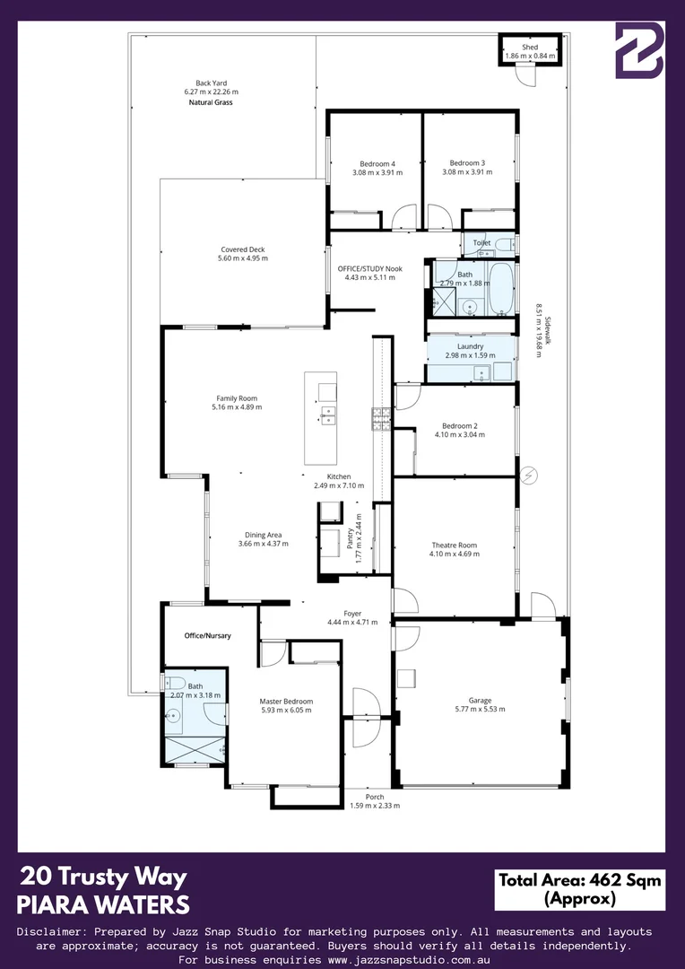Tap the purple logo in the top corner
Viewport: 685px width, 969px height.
pyautogui.click(x=638, y=50)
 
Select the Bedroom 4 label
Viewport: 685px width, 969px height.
pyautogui.click(x=377, y=163)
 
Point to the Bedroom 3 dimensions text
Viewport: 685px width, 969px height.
pyautogui.click(x=467, y=172)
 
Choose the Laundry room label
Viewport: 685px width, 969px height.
pyautogui.click(x=470, y=346)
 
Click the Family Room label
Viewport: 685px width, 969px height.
pyautogui.click(x=237, y=398)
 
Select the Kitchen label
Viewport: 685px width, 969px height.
pyautogui.click(x=338, y=476)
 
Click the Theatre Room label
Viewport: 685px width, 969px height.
pyautogui.click(x=454, y=545)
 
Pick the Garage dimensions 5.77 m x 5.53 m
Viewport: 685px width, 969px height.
pyautogui.click(x=480, y=709)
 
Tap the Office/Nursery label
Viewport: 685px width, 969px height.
pyautogui.click(x=207, y=635)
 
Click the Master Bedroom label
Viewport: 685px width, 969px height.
pyautogui.click(x=286, y=701)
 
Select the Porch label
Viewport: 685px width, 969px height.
pyautogui.click(x=374, y=796)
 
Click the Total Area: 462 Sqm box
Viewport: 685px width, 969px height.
pyautogui.click(x=578, y=889)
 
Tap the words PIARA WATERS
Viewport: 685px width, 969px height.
pyautogui.click(x=103, y=903)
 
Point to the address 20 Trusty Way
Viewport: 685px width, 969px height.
pyautogui.click(x=103, y=877)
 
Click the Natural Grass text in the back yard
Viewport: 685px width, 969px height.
pyautogui.click(x=211, y=103)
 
